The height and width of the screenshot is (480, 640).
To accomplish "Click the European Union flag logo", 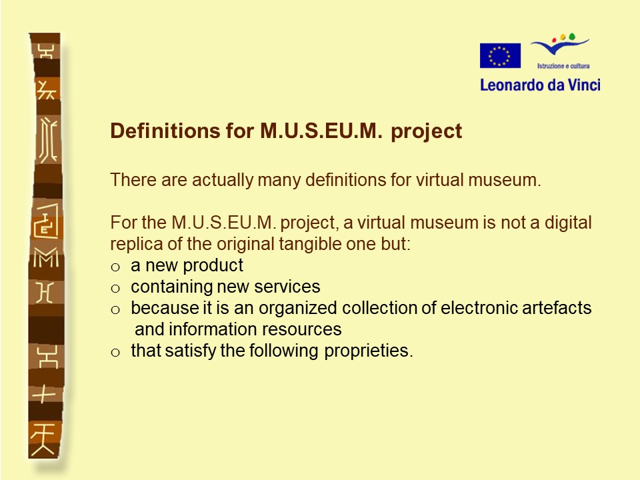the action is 500,55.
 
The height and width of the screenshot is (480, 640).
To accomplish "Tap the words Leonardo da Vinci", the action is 540,85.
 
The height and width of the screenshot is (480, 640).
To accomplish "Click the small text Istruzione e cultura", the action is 563,66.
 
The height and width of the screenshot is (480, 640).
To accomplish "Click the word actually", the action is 223,181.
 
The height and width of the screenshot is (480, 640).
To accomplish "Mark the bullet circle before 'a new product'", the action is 115,267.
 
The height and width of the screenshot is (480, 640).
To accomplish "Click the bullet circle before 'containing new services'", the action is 115,289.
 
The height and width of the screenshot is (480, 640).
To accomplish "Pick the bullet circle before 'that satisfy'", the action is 115,352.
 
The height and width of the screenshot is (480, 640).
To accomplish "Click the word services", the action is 287,287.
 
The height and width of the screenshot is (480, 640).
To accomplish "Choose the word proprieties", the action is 369,351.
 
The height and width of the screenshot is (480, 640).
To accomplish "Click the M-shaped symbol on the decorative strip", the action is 46,259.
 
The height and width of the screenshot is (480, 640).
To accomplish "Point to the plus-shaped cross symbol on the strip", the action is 44,394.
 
